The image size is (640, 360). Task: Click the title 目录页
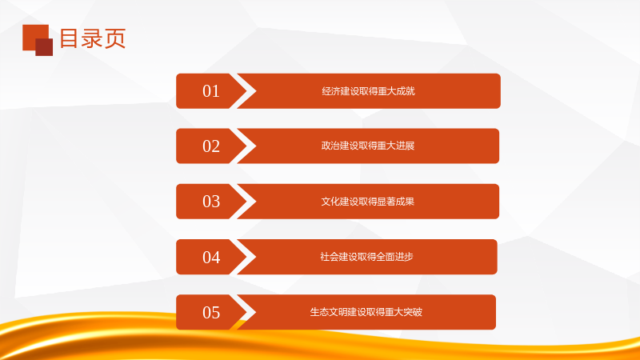[x=93, y=38]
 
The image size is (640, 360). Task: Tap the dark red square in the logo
[x=44, y=47]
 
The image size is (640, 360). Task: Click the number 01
[x=211, y=91]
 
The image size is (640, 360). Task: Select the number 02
[x=211, y=146]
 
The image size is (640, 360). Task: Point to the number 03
[x=211, y=202]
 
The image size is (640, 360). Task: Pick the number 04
[x=211, y=257]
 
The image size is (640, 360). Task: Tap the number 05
[x=211, y=313]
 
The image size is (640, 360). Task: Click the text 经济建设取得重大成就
[x=368, y=91]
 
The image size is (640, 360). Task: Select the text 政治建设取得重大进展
[x=368, y=146]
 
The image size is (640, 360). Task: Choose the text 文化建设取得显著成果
[x=368, y=202]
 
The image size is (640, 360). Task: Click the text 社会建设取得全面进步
[x=366, y=256]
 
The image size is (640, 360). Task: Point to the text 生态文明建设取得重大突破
[x=366, y=312]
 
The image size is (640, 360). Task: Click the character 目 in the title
[x=69, y=38]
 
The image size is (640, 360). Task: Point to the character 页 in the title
[x=114, y=38]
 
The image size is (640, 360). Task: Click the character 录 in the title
[x=92, y=38]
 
